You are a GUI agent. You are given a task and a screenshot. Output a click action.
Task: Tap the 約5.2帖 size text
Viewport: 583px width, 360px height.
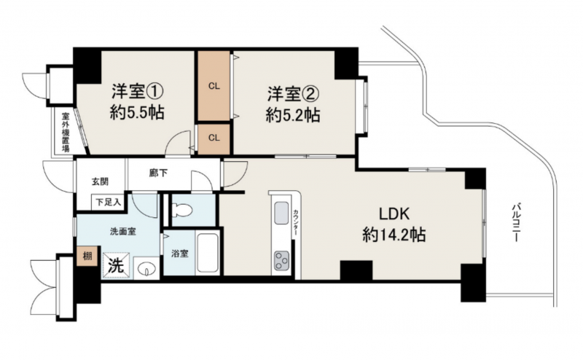click(x=293, y=116)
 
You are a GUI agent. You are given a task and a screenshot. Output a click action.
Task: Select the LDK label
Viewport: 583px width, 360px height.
click(x=394, y=214)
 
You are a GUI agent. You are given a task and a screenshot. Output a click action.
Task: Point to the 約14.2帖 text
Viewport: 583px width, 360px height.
click(x=394, y=235)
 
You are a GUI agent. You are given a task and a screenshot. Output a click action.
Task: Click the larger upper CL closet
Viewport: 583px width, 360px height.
click(x=214, y=86)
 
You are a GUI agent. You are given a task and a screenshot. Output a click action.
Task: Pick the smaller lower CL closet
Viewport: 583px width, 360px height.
click(x=214, y=138)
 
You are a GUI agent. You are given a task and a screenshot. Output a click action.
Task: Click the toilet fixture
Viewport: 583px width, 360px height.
click(x=183, y=211)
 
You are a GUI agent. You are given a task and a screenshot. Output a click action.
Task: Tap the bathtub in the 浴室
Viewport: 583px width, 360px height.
click(x=208, y=253)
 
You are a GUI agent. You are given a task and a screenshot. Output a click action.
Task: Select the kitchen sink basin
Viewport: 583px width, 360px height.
click(x=281, y=214)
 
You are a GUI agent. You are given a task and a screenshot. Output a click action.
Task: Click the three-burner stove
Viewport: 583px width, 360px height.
click(x=282, y=260)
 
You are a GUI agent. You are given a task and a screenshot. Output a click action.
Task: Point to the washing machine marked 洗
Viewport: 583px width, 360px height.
click(x=117, y=265)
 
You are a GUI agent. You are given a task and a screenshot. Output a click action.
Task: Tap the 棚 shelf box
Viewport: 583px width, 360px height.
click(x=87, y=256)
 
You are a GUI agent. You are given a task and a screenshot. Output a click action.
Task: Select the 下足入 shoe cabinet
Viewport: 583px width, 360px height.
click(x=108, y=203)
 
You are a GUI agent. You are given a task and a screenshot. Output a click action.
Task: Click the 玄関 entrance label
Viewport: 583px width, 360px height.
click(x=101, y=182)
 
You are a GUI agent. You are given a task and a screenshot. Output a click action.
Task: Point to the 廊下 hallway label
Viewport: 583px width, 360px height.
click(x=158, y=173)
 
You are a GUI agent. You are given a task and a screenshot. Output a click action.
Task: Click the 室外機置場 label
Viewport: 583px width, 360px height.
click(x=66, y=133)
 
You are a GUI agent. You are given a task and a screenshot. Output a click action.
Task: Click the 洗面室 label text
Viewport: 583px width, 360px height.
click(x=123, y=231)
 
